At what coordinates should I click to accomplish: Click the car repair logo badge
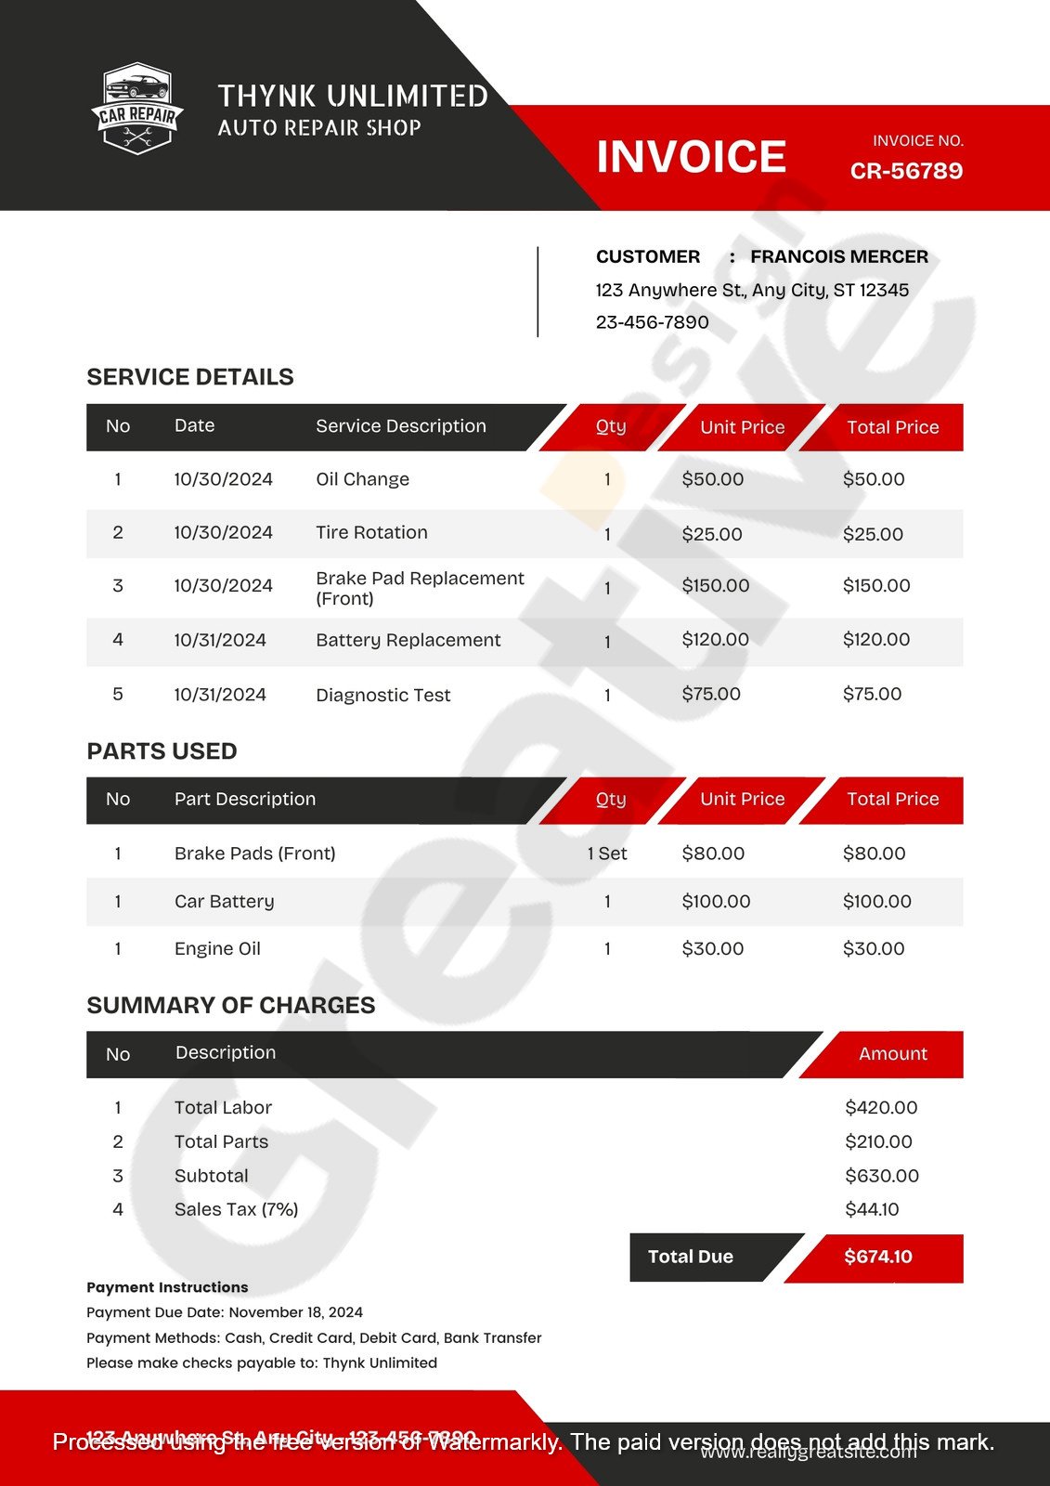(x=137, y=108)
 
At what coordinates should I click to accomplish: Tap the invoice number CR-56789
(x=906, y=171)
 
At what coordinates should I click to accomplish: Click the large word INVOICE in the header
(x=691, y=156)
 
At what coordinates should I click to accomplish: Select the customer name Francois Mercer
(x=838, y=256)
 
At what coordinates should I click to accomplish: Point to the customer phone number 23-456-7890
(x=652, y=322)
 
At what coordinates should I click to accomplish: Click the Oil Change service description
(x=362, y=479)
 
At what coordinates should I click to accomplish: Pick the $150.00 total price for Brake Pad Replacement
(x=875, y=586)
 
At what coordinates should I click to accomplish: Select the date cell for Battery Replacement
(x=220, y=640)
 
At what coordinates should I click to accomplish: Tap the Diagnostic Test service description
(x=382, y=695)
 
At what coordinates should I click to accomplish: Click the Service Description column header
(x=400, y=426)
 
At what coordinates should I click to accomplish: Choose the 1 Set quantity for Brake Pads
(x=607, y=854)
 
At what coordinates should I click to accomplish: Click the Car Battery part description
(x=224, y=901)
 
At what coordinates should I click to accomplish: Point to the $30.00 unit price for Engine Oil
(x=712, y=948)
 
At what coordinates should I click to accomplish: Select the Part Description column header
(x=245, y=799)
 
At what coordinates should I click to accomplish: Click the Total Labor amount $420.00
(x=880, y=1107)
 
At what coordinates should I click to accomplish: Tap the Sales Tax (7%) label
(x=236, y=1209)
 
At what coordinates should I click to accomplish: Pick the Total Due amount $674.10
(x=877, y=1257)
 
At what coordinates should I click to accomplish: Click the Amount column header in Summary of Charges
(x=892, y=1053)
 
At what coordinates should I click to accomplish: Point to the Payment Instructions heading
(x=167, y=1287)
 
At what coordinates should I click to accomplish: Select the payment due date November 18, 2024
(x=295, y=1312)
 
